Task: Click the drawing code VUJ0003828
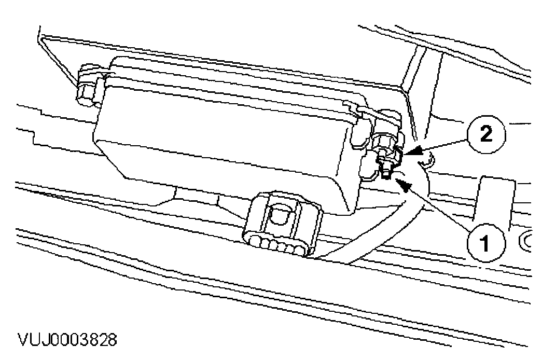pyautogui.click(x=67, y=340)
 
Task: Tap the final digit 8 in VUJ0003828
pyautogui.click(x=112, y=340)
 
